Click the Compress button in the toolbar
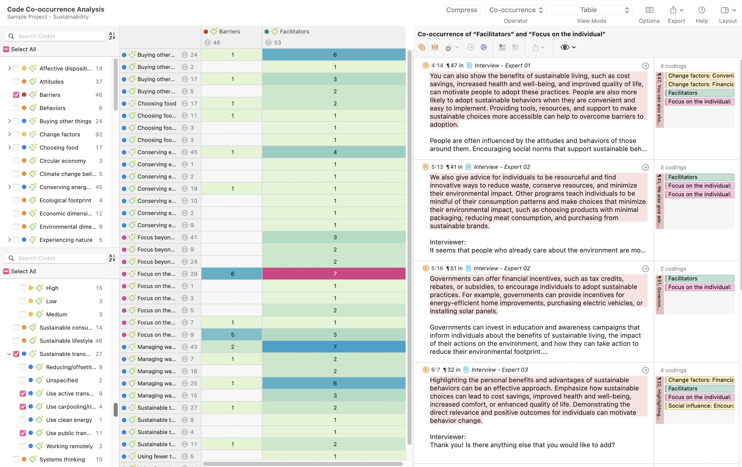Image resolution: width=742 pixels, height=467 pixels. (461, 10)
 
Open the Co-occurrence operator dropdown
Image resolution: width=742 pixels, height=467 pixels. (516, 10)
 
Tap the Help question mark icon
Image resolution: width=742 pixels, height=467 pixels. (702, 10)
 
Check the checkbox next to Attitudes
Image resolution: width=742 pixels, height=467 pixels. (16, 82)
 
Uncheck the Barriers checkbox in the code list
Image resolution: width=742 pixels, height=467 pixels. (16, 95)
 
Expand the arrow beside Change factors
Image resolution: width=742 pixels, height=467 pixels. (9, 134)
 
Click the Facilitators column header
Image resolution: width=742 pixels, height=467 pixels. (294, 31)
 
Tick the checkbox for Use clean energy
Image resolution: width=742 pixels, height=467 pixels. (23, 420)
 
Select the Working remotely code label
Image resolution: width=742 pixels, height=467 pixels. (69, 446)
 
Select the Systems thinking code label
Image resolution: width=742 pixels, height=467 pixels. (62, 459)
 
